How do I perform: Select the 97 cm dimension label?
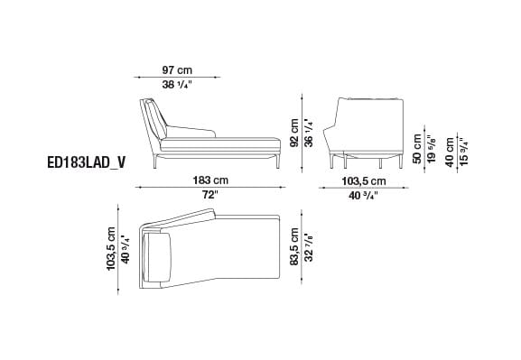click(178, 71)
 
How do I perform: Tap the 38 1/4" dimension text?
click(178, 85)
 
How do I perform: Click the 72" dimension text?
click(210, 194)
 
